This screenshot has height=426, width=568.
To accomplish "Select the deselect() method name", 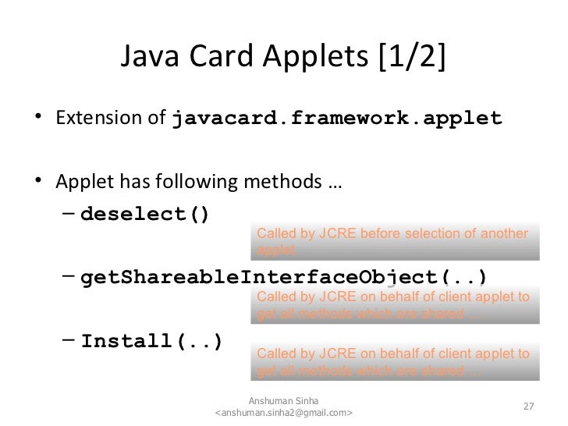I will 145,214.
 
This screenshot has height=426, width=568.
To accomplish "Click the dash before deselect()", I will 69,214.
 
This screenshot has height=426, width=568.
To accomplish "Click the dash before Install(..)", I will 69,342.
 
